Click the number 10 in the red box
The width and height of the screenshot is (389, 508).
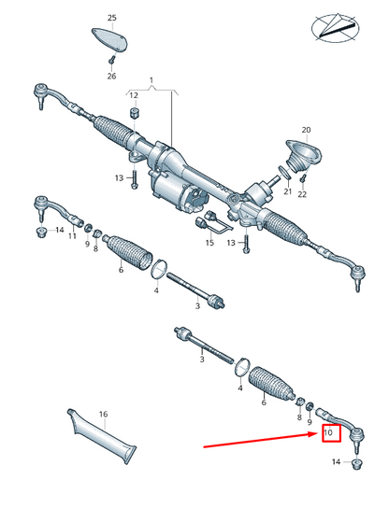328,433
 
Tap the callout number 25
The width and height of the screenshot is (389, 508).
112,18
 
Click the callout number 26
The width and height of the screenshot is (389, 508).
112,76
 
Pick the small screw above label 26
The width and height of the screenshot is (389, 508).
110,61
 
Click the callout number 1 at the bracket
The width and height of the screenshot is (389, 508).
153,81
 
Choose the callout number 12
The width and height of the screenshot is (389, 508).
134,95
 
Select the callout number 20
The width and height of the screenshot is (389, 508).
305,130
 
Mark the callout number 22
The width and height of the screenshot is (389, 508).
303,193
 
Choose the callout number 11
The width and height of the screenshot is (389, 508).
71,236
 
